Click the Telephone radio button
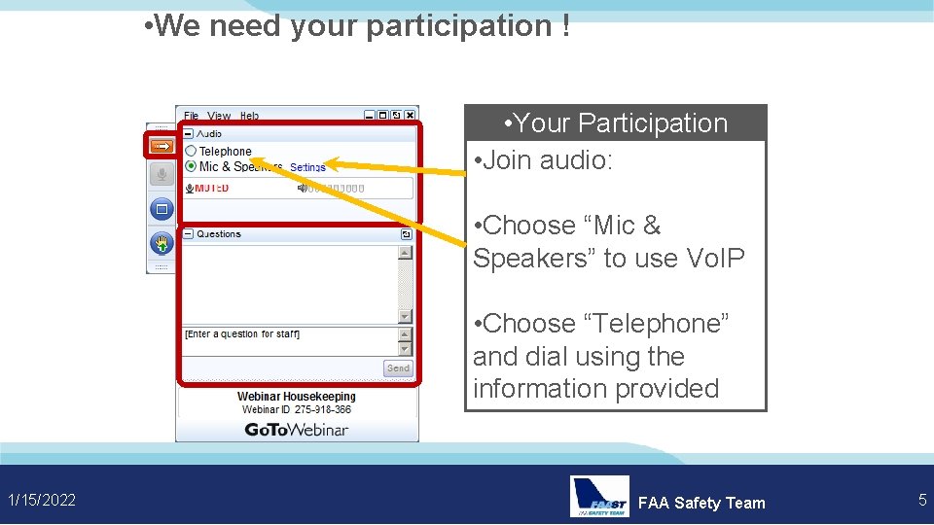point(191,151)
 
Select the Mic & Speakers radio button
point(191,166)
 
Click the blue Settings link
point(307,168)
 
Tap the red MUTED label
point(211,188)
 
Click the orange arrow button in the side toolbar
point(162,147)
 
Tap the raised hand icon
point(162,243)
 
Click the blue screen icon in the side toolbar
point(162,208)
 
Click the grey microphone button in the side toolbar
point(162,175)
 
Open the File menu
point(192,116)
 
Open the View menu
point(219,116)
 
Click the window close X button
point(411,116)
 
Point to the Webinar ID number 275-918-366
point(310,410)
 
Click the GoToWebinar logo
point(296,430)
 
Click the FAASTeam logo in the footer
point(599,497)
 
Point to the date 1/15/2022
point(42,501)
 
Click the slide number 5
point(922,501)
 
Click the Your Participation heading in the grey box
point(616,123)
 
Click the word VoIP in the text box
point(715,258)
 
